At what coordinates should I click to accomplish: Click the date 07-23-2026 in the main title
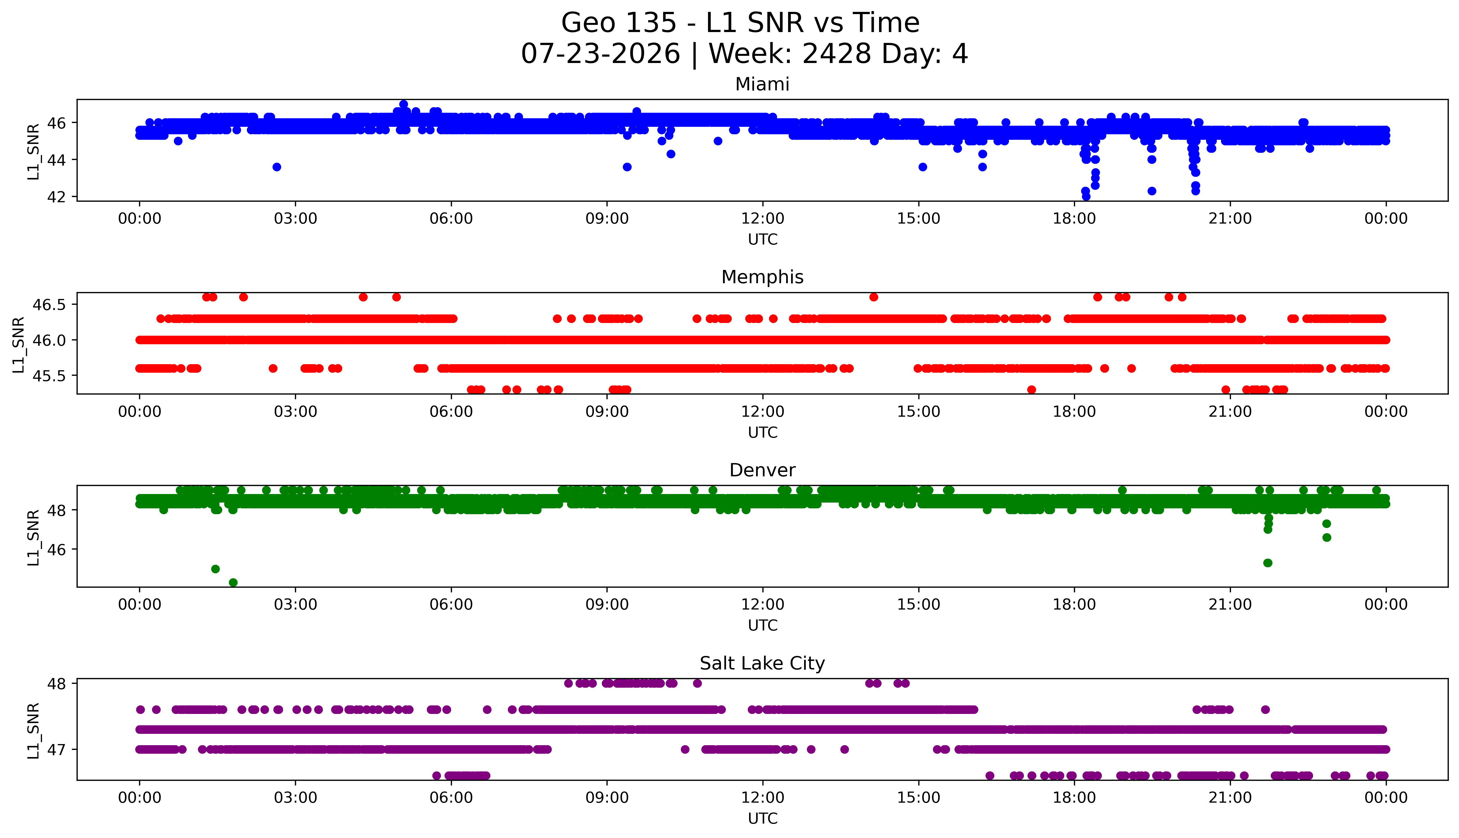[x=600, y=54]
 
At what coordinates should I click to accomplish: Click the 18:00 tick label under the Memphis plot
[x=1074, y=412]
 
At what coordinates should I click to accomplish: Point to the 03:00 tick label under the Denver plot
[x=296, y=605]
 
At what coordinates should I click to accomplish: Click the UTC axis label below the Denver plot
[x=762, y=626]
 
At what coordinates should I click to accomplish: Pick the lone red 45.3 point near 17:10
[x=1032, y=390]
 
